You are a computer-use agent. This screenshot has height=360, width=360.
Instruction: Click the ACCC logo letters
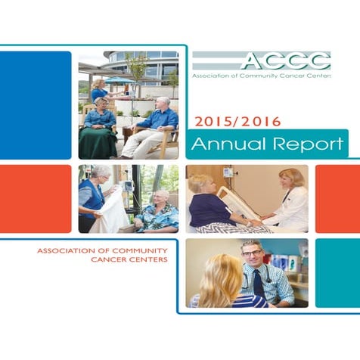click(285, 61)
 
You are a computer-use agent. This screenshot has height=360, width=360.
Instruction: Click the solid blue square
click(36, 104)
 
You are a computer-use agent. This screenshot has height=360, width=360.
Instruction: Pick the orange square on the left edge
click(36, 198)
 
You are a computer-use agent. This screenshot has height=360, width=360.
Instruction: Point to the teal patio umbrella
click(119, 80)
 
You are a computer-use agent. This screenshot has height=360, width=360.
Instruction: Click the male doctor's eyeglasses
click(251, 253)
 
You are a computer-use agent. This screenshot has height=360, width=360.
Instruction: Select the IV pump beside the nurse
click(127, 185)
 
